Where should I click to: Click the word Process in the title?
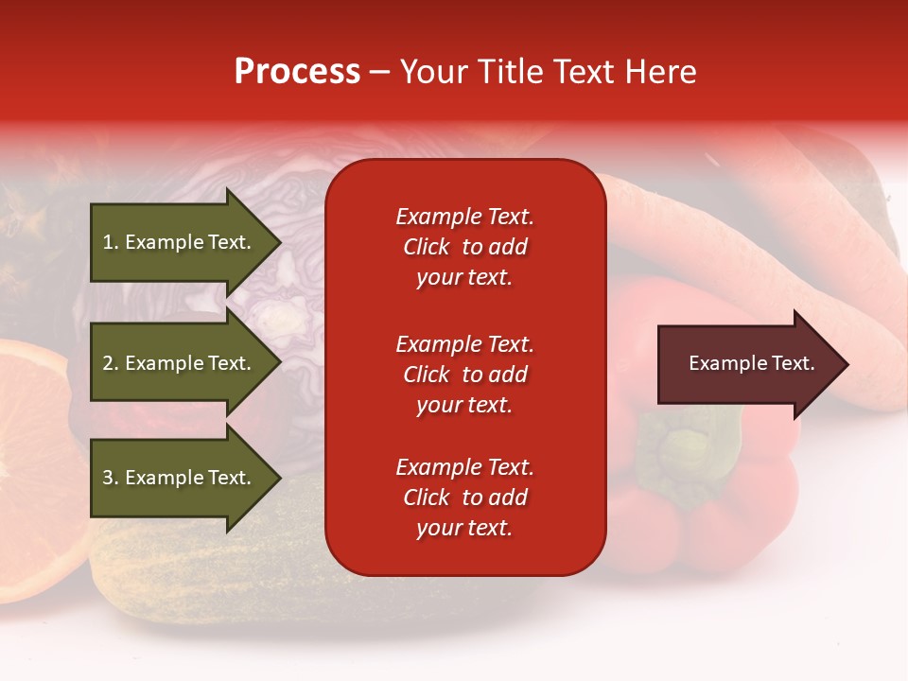coord(297,72)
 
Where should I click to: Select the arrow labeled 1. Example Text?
coord(180,242)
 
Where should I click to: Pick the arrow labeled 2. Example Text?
coord(180,363)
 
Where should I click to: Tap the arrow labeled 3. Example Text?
coord(180,478)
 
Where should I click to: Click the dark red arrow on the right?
coord(747,364)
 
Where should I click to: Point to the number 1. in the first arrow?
coord(111,242)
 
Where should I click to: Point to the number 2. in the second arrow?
coord(111,363)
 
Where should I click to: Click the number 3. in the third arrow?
coord(111,478)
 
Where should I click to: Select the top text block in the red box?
coord(464,247)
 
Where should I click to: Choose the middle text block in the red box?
coord(464,375)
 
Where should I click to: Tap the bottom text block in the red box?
coord(464,498)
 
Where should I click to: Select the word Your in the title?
coord(431,72)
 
